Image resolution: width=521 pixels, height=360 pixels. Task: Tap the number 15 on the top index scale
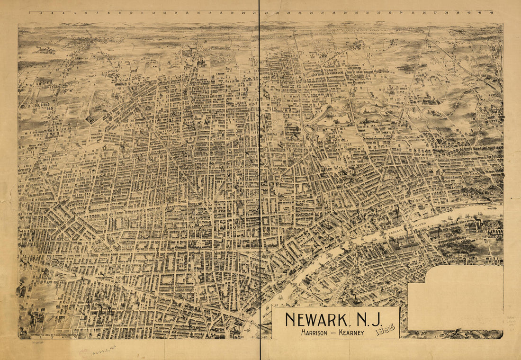click(x=187, y=13)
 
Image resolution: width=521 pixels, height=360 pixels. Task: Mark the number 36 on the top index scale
click(x=424, y=13)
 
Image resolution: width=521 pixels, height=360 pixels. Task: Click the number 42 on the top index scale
click(x=492, y=13)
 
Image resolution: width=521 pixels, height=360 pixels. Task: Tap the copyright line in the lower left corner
click(x=54, y=335)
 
